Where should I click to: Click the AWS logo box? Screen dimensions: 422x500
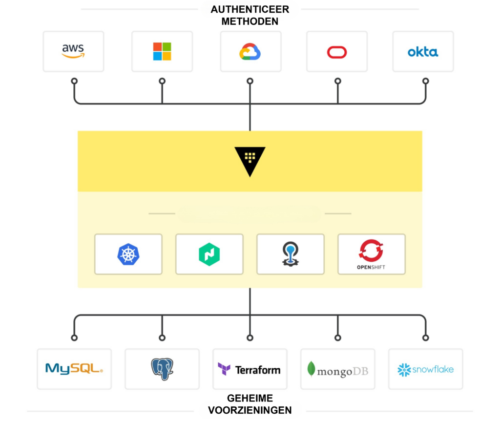coord(73,51)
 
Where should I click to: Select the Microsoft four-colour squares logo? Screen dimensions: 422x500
coord(162,51)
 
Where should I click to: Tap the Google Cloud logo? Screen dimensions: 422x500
coord(250,51)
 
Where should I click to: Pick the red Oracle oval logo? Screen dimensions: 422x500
coord(337,52)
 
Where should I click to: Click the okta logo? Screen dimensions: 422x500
coord(423,52)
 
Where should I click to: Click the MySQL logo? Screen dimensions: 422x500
coord(74,369)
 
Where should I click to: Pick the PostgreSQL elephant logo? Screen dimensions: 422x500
coord(162,369)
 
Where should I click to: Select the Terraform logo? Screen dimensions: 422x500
coord(250,369)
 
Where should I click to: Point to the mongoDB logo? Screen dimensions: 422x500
coord(337,370)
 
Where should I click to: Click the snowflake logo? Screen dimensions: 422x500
coord(425,369)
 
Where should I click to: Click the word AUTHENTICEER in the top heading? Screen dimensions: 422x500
coord(250,10)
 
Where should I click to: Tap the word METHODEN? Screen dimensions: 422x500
coord(250,21)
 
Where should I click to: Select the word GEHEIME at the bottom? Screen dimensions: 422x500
coord(250,399)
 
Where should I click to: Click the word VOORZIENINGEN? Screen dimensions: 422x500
coord(250,410)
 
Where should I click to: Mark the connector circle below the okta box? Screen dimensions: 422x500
coord(425,81)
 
